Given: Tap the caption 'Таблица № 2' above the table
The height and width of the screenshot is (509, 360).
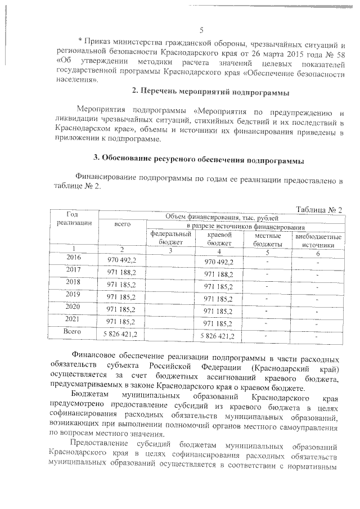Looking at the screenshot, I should tap(318, 209).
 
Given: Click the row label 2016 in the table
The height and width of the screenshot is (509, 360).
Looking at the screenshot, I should tap(74, 258).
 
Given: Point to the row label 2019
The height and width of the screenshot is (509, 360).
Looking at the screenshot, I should tap(73, 294).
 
